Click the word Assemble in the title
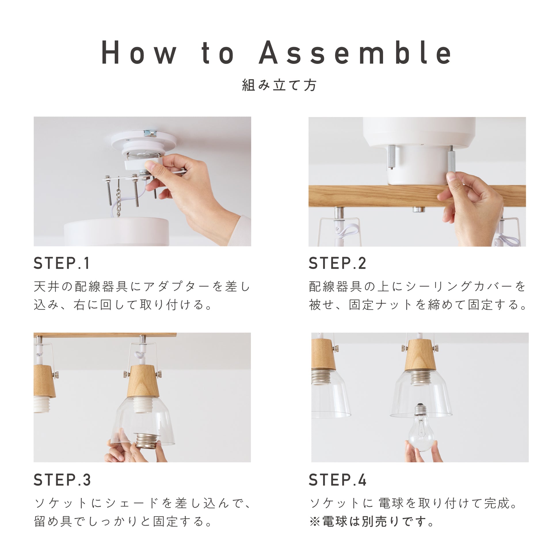pos(355,52)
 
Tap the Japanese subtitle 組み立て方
pos(279,85)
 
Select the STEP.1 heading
pos(62,263)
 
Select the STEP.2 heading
pos(337,263)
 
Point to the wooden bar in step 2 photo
pos(417,196)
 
